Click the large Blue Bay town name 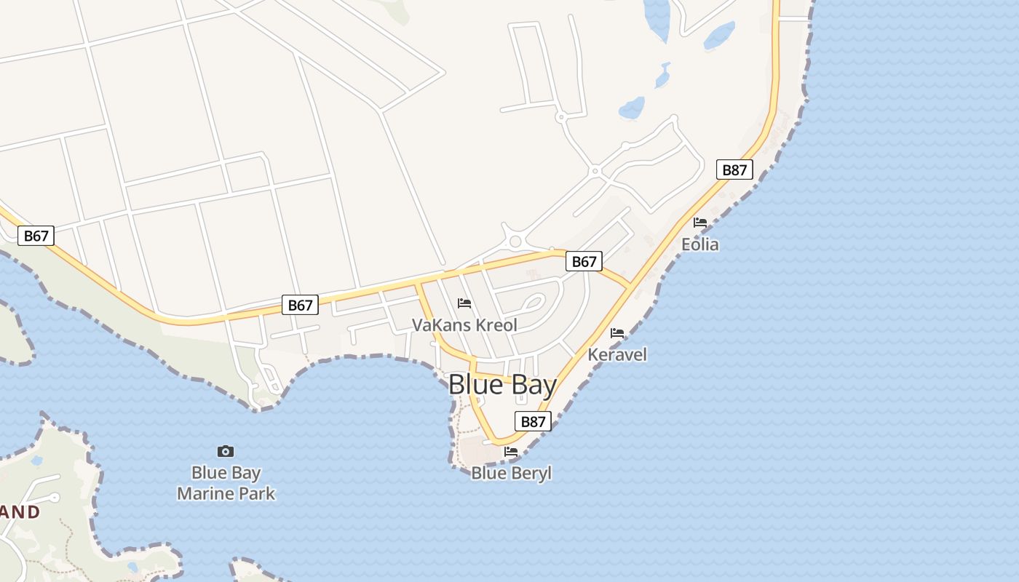pos(502,385)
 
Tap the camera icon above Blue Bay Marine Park pos(226,452)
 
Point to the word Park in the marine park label pos(258,493)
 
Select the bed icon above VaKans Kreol pos(464,303)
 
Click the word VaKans pos(438,325)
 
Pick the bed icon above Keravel pos(617,333)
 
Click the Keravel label pos(617,354)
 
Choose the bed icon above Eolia pos(700,223)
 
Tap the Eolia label pos(700,244)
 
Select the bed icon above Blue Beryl pos(511,452)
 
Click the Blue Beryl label pos(511,473)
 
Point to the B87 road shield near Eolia pos(734,170)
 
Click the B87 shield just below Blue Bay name pos(534,421)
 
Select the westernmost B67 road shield pos(36,236)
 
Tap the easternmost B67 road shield pos(584,262)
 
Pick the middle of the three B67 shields pos(300,305)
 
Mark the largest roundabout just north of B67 pos(516,242)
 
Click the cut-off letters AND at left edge pos(20,511)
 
